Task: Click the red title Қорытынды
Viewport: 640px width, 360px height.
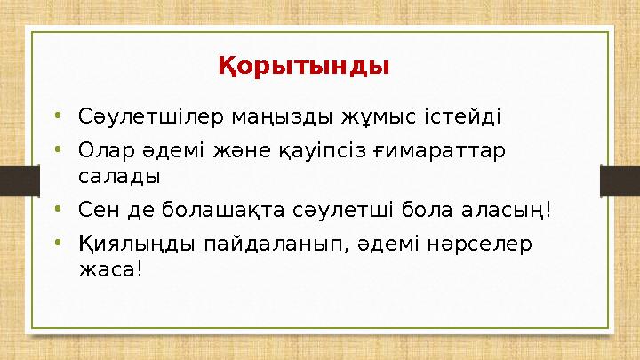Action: (x=304, y=67)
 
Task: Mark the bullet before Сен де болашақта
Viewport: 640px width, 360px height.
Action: (x=58, y=210)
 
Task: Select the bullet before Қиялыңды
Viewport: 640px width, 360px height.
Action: (x=58, y=242)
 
